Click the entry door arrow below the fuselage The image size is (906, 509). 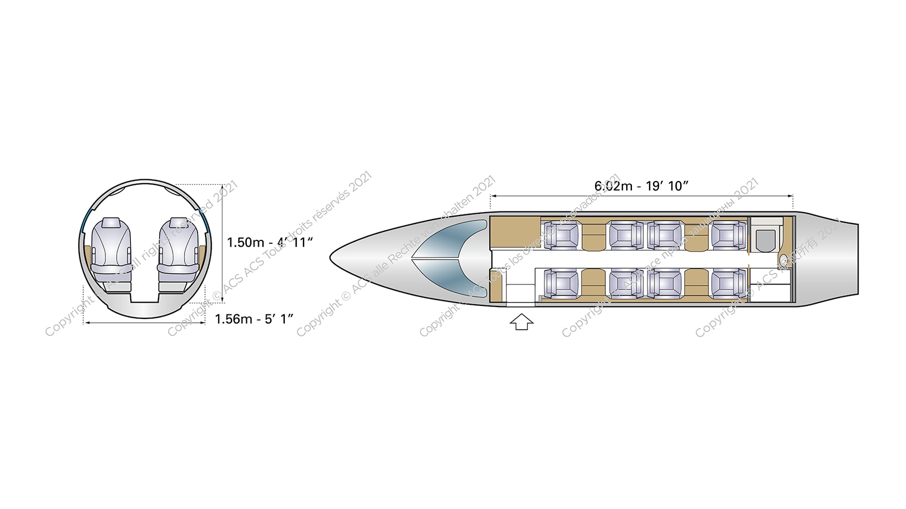522,322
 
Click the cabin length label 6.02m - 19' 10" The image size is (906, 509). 641,186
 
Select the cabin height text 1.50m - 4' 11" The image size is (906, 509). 270,243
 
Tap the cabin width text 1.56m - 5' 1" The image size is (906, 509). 254,319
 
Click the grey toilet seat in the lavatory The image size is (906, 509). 766,240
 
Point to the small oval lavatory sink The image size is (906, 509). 784,260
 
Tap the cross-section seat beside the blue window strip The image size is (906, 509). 178,252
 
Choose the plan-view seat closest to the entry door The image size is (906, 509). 561,283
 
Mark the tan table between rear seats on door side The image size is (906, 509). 696,283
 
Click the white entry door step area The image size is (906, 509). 520,294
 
